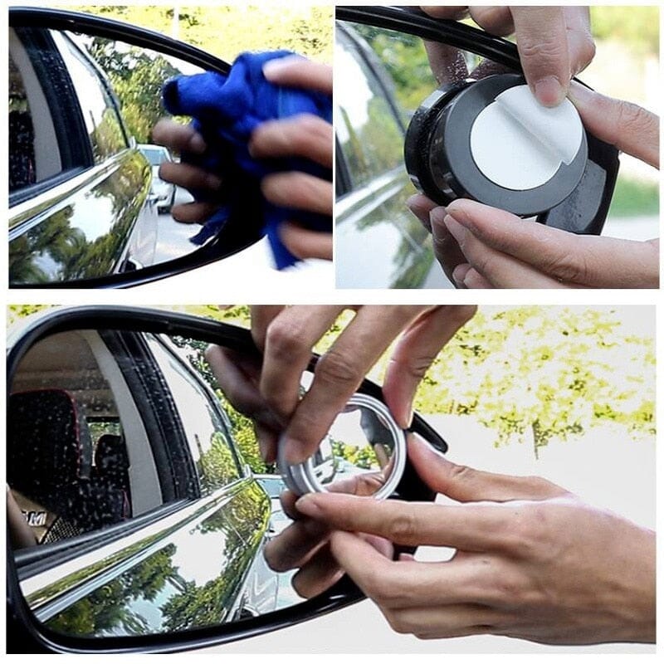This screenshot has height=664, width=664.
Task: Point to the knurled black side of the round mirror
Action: tap(419, 158)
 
